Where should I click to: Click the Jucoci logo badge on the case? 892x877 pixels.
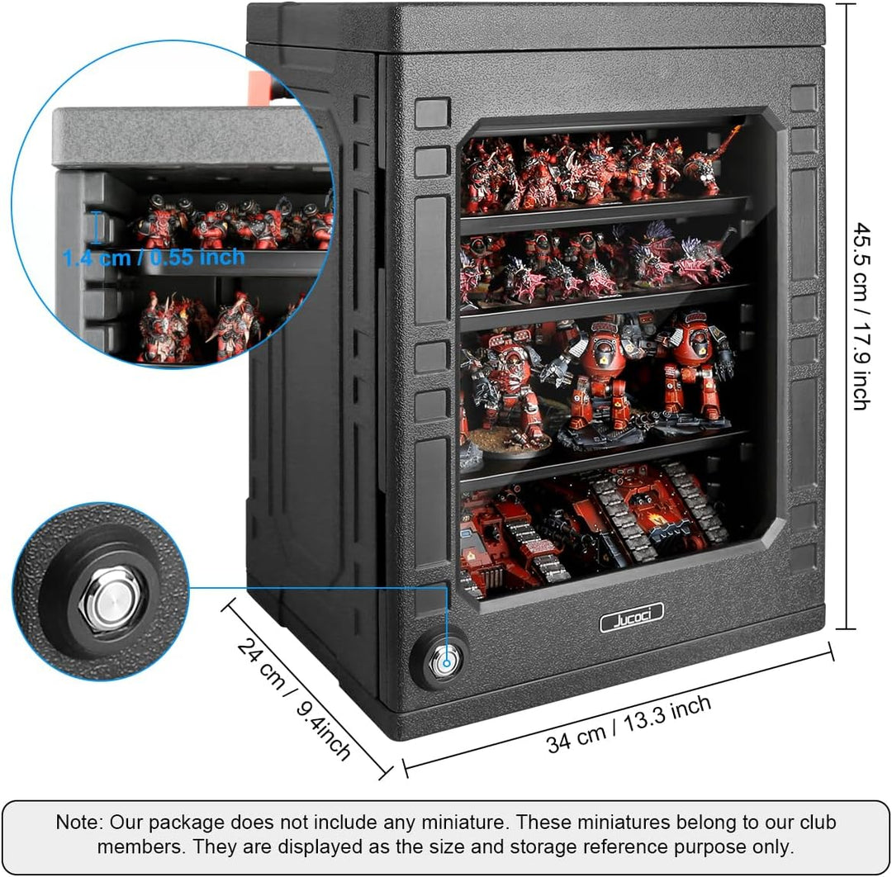(632, 618)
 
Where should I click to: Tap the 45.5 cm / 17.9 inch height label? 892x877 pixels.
(861, 316)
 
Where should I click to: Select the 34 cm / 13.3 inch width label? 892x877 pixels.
(629, 724)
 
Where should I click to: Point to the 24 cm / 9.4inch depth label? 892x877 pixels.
(293, 699)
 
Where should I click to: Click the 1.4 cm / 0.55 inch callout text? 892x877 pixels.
(154, 258)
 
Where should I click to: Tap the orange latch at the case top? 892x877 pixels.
(260, 88)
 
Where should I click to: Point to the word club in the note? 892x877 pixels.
(818, 822)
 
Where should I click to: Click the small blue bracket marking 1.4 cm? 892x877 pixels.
(97, 227)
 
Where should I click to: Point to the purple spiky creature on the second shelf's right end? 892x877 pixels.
(705, 256)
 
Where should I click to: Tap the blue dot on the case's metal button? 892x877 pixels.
(447, 663)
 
